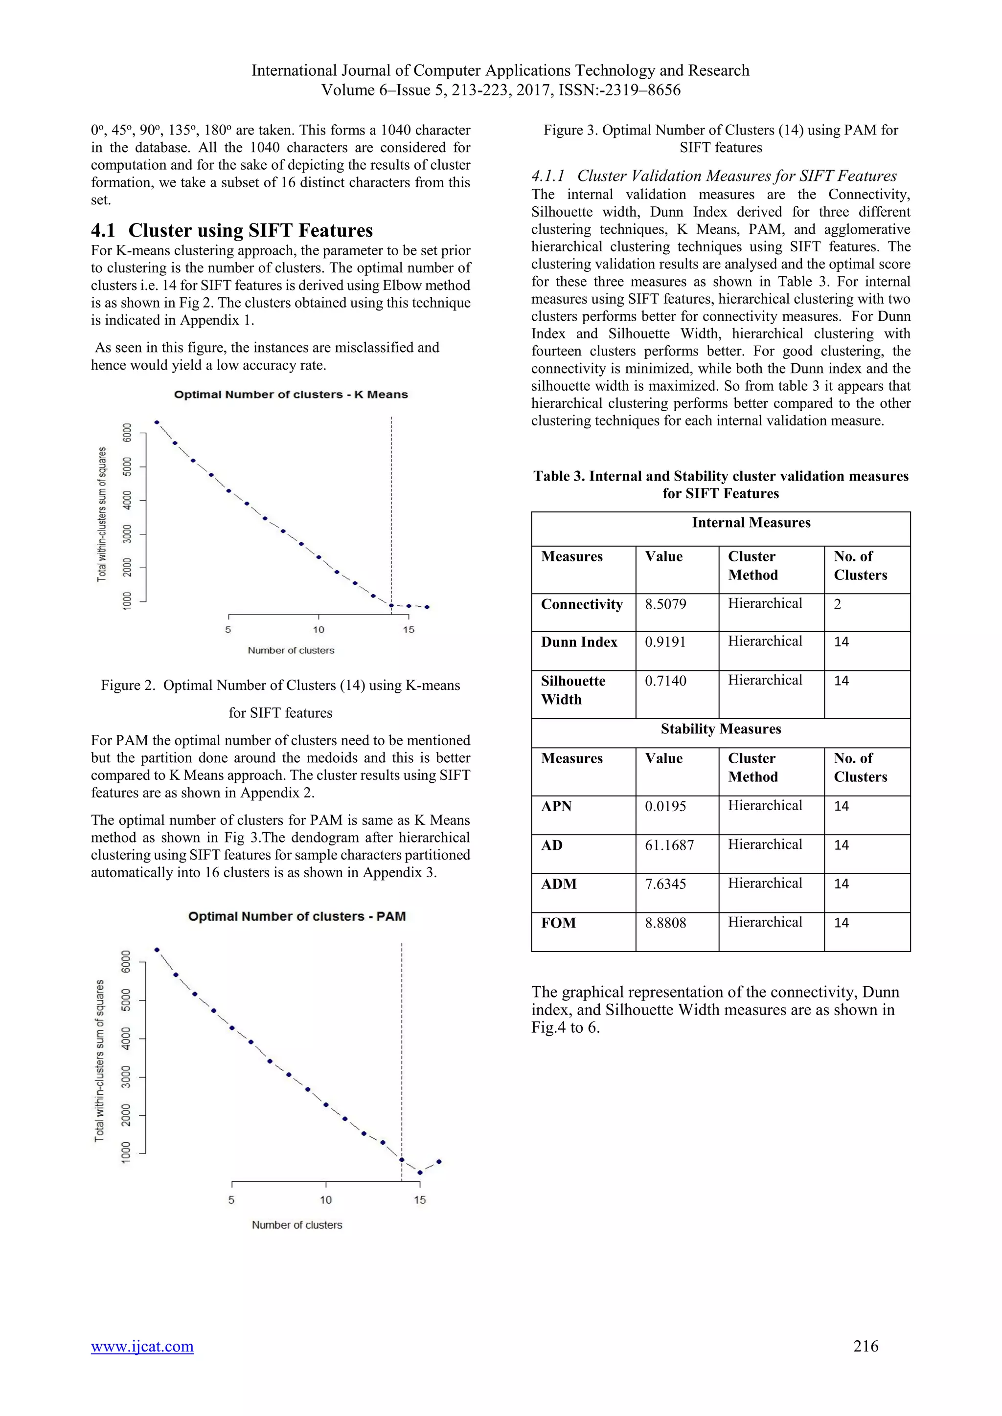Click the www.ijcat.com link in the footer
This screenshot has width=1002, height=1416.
(142, 1346)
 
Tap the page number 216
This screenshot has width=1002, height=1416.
(865, 1346)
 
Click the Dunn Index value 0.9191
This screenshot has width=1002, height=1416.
(665, 642)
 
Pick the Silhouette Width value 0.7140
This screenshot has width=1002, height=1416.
(665, 681)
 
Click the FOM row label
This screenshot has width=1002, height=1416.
(558, 923)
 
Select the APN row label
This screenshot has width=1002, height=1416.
(556, 806)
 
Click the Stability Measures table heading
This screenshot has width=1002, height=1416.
(721, 729)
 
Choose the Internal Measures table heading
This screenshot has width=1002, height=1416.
(751, 522)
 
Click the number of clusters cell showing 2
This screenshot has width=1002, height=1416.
(837, 604)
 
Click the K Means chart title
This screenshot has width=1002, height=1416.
(291, 395)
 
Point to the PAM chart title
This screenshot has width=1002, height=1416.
(297, 916)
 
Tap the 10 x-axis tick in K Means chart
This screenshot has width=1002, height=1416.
(319, 630)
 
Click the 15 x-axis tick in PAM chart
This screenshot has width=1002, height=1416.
(420, 1199)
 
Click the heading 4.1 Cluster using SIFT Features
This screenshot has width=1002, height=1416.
(232, 230)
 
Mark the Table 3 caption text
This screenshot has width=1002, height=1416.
(721, 485)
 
